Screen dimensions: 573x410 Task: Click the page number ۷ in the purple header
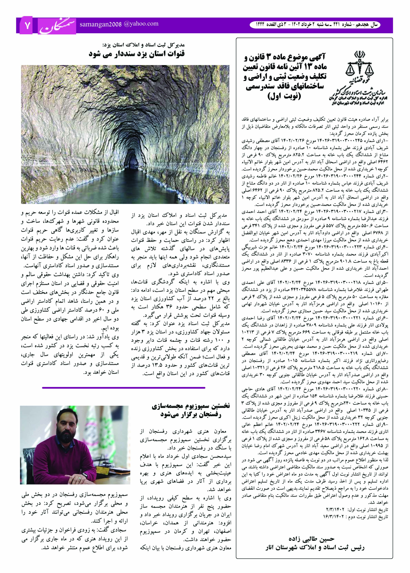coord(27,26)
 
